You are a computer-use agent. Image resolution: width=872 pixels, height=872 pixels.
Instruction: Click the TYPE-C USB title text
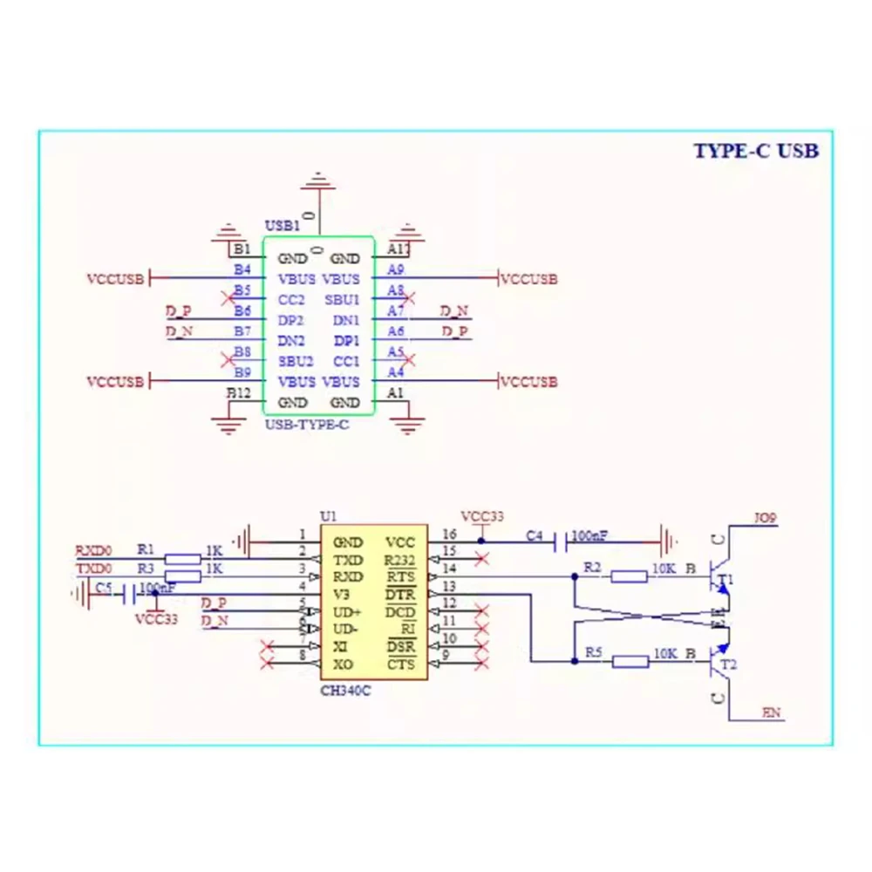click(756, 150)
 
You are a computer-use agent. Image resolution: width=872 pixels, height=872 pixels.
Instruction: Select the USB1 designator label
click(282, 226)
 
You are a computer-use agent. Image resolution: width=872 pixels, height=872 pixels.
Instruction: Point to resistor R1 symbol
click(182, 560)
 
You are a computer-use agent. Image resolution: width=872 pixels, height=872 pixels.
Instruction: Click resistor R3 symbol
click(182, 576)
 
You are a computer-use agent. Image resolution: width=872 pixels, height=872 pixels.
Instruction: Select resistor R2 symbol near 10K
click(629, 576)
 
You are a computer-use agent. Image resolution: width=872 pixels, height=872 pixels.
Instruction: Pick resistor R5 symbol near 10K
click(630, 662)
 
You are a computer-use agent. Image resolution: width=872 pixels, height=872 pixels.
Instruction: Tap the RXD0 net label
click(93, 550)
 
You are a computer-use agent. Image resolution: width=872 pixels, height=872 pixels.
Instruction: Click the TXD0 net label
click(93, 569)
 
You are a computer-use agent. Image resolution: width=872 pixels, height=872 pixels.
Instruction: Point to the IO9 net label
click(765, 518)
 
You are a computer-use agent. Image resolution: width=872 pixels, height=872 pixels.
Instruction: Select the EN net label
click(771, 713)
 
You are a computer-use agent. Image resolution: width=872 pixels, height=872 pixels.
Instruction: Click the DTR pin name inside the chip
click(400, 595)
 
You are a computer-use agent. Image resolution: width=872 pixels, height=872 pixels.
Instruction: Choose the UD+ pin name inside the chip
click(347, 612)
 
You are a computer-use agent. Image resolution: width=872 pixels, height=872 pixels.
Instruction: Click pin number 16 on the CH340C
click(449, 534)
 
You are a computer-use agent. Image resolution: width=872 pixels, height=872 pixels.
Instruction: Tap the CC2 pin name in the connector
click(290, 299)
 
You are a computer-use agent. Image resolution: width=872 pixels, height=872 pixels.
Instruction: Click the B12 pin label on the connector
click(239, 393)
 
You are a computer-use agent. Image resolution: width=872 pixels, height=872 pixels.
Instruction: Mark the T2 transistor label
click(728, 665)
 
